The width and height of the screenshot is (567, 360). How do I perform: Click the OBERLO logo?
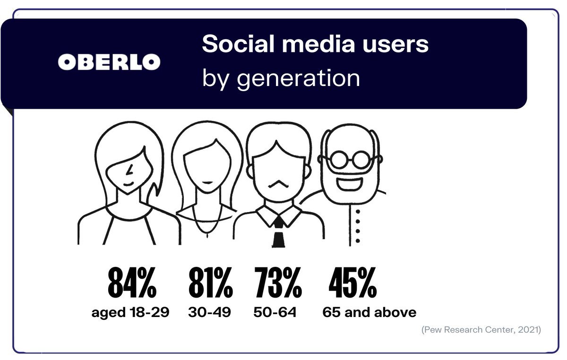109,61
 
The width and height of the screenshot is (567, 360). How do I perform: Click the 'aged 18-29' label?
130,312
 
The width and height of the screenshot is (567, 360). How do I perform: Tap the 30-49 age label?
210,312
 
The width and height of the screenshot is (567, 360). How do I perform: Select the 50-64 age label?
275,312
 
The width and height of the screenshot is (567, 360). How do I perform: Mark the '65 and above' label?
369,312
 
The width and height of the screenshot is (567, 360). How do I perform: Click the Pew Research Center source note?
481,330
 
